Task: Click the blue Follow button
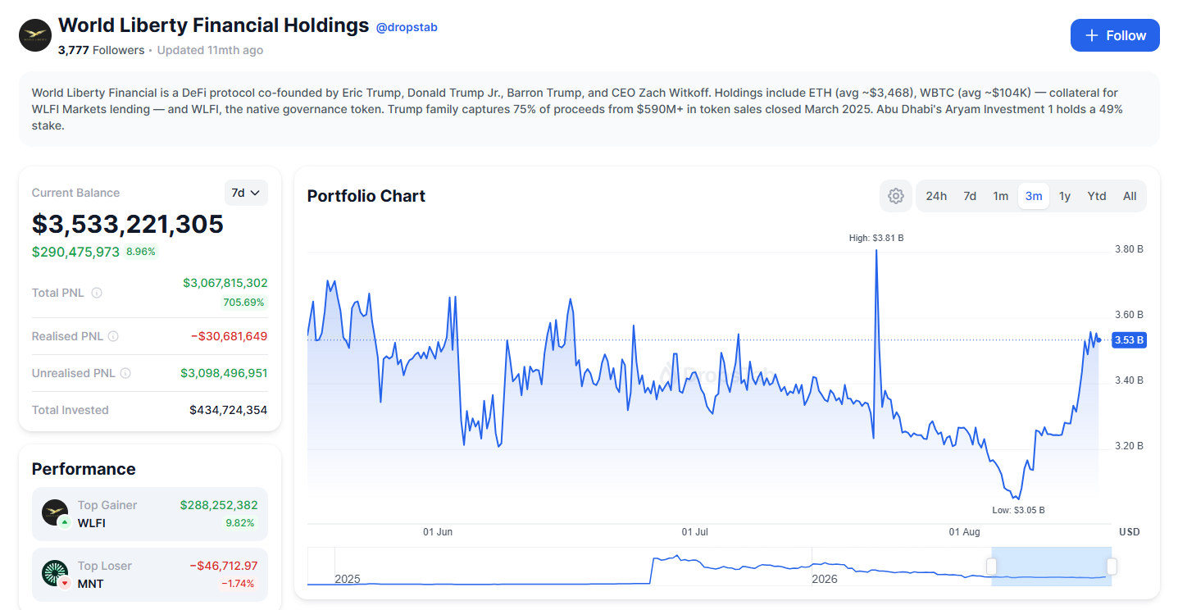pos(1114,35)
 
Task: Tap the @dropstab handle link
pos(407,27)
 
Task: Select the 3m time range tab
pos(1034,196)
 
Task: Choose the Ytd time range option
pos(1097,196)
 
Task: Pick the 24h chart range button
pos(936,196)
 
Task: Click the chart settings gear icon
pos(896,196)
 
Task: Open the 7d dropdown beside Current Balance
pos(246,193)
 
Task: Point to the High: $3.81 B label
pos(876,239)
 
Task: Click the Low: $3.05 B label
pos(1018,510)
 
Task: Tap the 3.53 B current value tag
pos(1129,340)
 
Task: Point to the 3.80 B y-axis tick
pos(1129,249)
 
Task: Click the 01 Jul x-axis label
pos(694,532)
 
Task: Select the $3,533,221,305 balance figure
pos(128,224)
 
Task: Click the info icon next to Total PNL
pos(97,293)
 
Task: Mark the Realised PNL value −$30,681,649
pos(229,336)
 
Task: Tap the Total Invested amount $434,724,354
pos(228,410)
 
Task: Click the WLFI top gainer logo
pos(55,512)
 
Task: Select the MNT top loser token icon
pos(55,573)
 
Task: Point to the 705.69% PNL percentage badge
pos(243,303)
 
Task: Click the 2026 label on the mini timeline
pos(825,579)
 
